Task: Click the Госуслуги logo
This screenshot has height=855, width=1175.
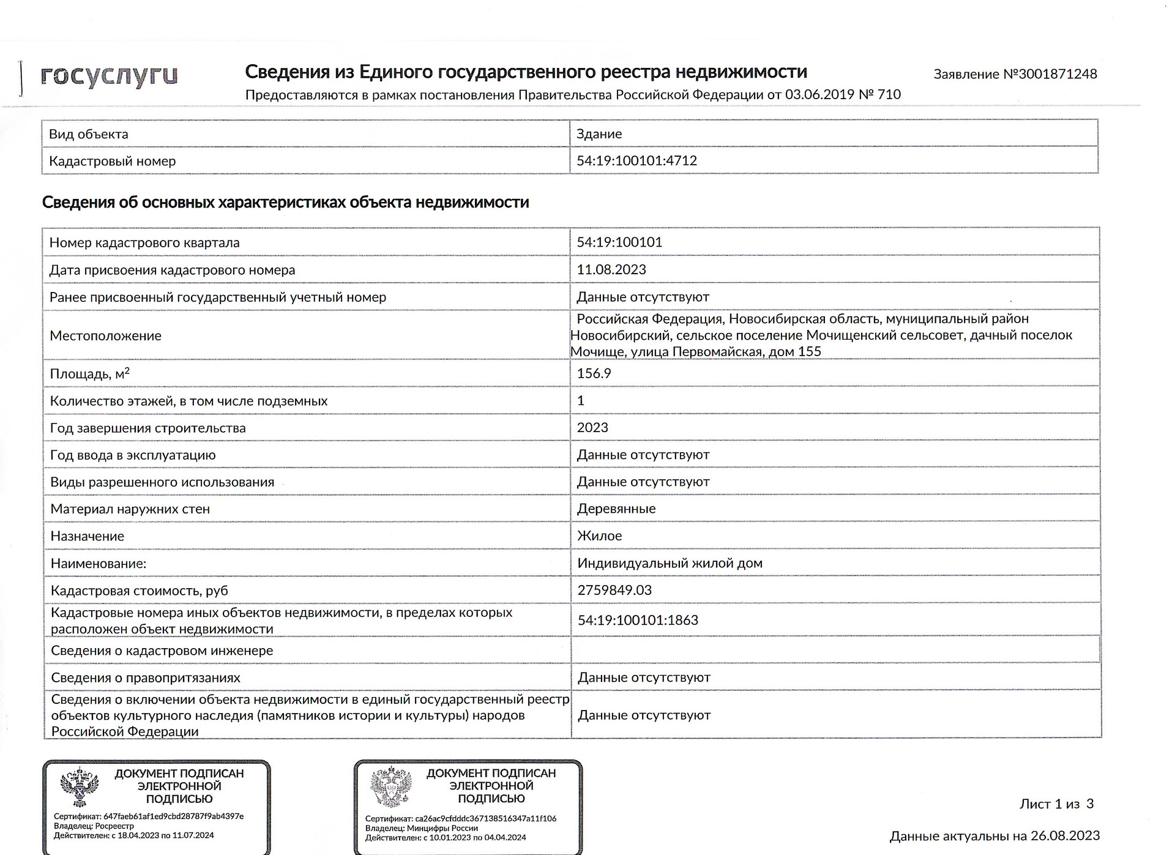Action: pos(109,77)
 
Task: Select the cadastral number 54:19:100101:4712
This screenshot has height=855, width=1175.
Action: pos(636,161)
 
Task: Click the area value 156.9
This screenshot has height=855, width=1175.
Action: pos(594,373)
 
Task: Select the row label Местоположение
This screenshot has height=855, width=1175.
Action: pos(105,336)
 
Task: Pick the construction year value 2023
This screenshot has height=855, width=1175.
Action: pos(592,428)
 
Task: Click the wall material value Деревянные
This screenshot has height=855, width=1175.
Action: pos(616,509)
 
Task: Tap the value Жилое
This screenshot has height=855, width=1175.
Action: pos(599,536)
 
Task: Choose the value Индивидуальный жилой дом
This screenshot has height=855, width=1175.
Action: pos(670,563)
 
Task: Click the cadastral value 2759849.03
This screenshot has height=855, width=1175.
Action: pos(614,591)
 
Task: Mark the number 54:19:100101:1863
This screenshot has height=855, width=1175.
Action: pos(638,621)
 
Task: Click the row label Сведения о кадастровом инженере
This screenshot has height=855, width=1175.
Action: pos(162,651)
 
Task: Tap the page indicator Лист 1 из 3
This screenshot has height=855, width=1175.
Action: pos(1056,804)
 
